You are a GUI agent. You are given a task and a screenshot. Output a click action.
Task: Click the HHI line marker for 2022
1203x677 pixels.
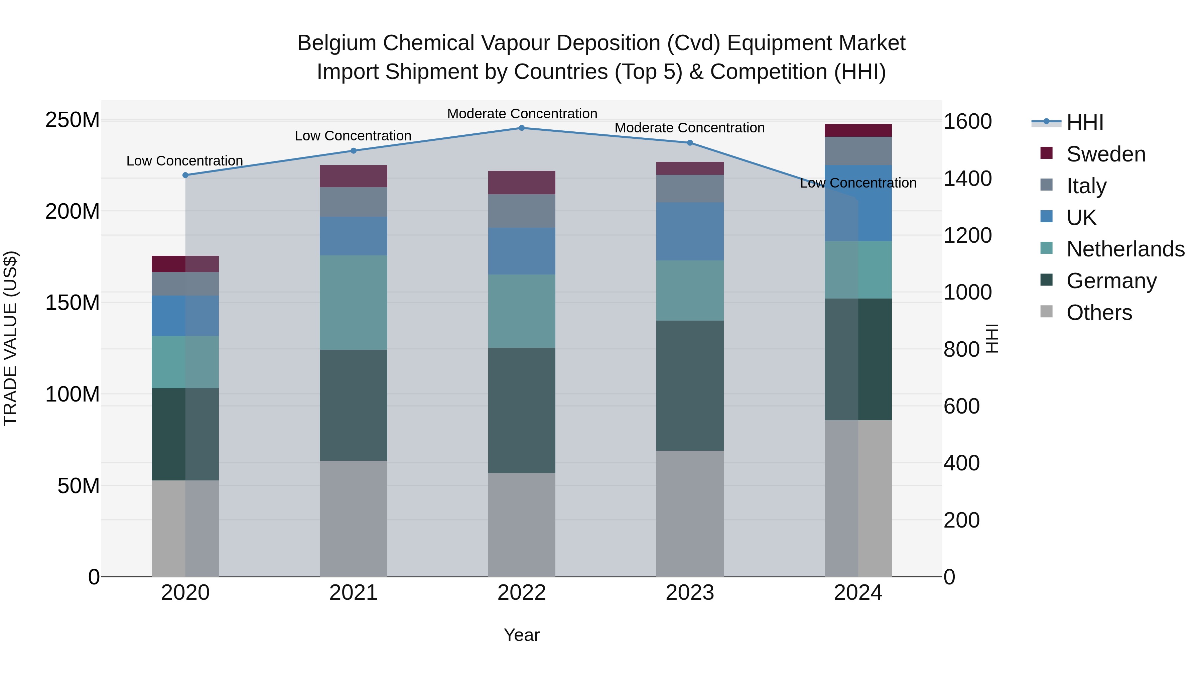click(522, 128)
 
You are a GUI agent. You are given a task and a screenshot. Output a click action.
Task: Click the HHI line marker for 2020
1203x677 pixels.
click(185, 175)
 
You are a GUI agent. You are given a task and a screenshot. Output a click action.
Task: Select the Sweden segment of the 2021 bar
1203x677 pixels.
click(354, 176)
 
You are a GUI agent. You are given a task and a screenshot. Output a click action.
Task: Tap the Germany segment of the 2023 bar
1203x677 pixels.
click(690, 385)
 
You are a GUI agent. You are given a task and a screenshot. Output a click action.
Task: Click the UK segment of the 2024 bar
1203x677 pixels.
click(858, 203)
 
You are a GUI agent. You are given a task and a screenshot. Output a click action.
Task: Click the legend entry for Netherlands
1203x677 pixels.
click(1125, 249)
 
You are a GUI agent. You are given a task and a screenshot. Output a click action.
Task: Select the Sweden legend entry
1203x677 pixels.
click(1105, 154)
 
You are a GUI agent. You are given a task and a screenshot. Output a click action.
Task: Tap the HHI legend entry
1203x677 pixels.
click(1084, 122)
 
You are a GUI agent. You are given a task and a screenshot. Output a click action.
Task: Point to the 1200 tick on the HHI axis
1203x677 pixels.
click(967, 235)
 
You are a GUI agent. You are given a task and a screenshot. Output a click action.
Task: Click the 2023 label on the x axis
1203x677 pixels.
click(690, 593)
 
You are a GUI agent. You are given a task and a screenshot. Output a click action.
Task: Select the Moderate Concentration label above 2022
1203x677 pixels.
click(522, 114)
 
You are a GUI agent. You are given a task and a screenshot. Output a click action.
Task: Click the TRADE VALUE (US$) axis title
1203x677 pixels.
click(10, 338)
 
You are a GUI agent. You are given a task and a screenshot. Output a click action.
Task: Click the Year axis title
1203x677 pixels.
click(522, 635)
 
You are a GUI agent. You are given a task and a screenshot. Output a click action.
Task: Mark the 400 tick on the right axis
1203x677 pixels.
click(961, 463)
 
